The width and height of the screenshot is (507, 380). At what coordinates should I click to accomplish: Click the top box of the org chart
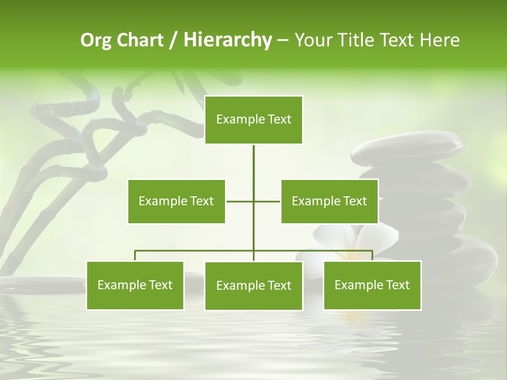(x=253, y=120)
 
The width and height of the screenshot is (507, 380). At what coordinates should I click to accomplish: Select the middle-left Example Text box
(x=176, y=201)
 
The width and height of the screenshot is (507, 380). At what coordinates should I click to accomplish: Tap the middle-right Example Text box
(x=330, y=201)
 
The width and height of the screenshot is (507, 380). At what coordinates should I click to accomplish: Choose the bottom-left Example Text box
(x=135, y=285)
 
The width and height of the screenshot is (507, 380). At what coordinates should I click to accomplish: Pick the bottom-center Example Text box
(x=253, y=286)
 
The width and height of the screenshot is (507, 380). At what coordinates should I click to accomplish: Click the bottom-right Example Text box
(x=372, y=285)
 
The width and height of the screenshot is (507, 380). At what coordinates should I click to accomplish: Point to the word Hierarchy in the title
(x=228, y=41)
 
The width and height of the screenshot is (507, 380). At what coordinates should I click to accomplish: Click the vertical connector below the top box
(x=253, y=161)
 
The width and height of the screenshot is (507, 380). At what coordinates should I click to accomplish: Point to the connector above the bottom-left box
(x=135, y=255)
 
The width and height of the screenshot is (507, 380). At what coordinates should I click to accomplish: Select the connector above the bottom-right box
(x=372, y=255)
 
